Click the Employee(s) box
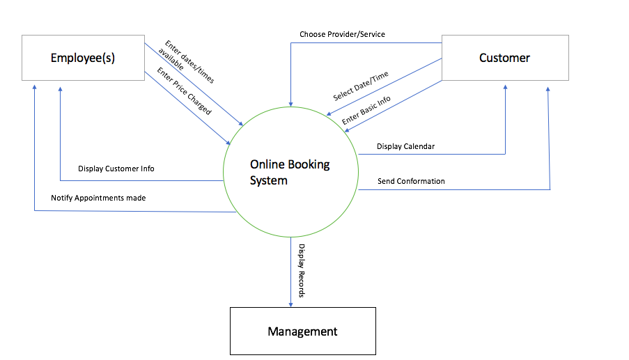coord(82,58)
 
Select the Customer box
coord(504,58)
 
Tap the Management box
coord(302,331)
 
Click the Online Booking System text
coord(290,173)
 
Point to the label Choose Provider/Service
coord(342,34)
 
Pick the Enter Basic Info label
coord(366,110)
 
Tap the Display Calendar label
coord(406,146)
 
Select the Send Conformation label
coord(411,181)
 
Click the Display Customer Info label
coord(116,169)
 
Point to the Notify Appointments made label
coord(98,198)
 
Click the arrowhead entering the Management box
coord(290,303)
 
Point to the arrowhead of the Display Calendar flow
coord(505,85)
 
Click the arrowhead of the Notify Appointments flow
coord(33,86)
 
